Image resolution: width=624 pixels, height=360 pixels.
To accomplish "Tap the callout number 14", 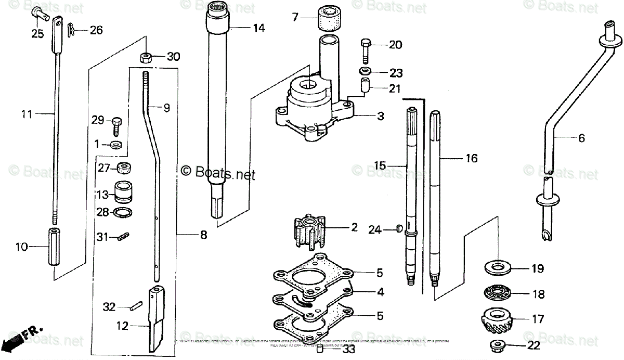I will pos(258,29).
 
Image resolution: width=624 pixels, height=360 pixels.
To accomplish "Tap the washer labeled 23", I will pos(366,71).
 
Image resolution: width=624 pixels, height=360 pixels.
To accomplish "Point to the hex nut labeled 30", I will pos(146,56).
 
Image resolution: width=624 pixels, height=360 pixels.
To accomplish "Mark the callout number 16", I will pos(471,158).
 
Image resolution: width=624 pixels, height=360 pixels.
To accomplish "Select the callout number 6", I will pos(581,138).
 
